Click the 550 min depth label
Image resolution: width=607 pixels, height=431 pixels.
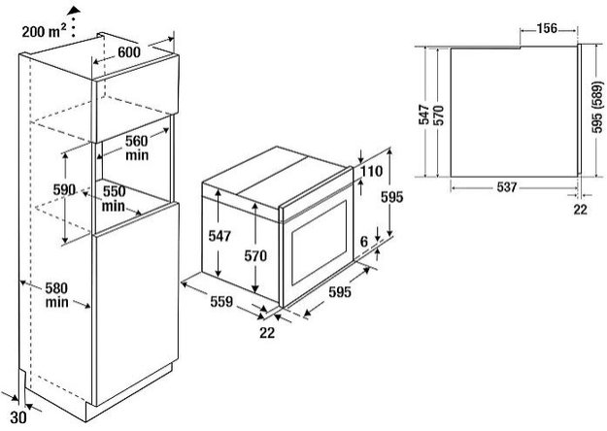tap(115, 198)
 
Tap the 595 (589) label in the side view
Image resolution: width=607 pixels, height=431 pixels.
tap(593, 110)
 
